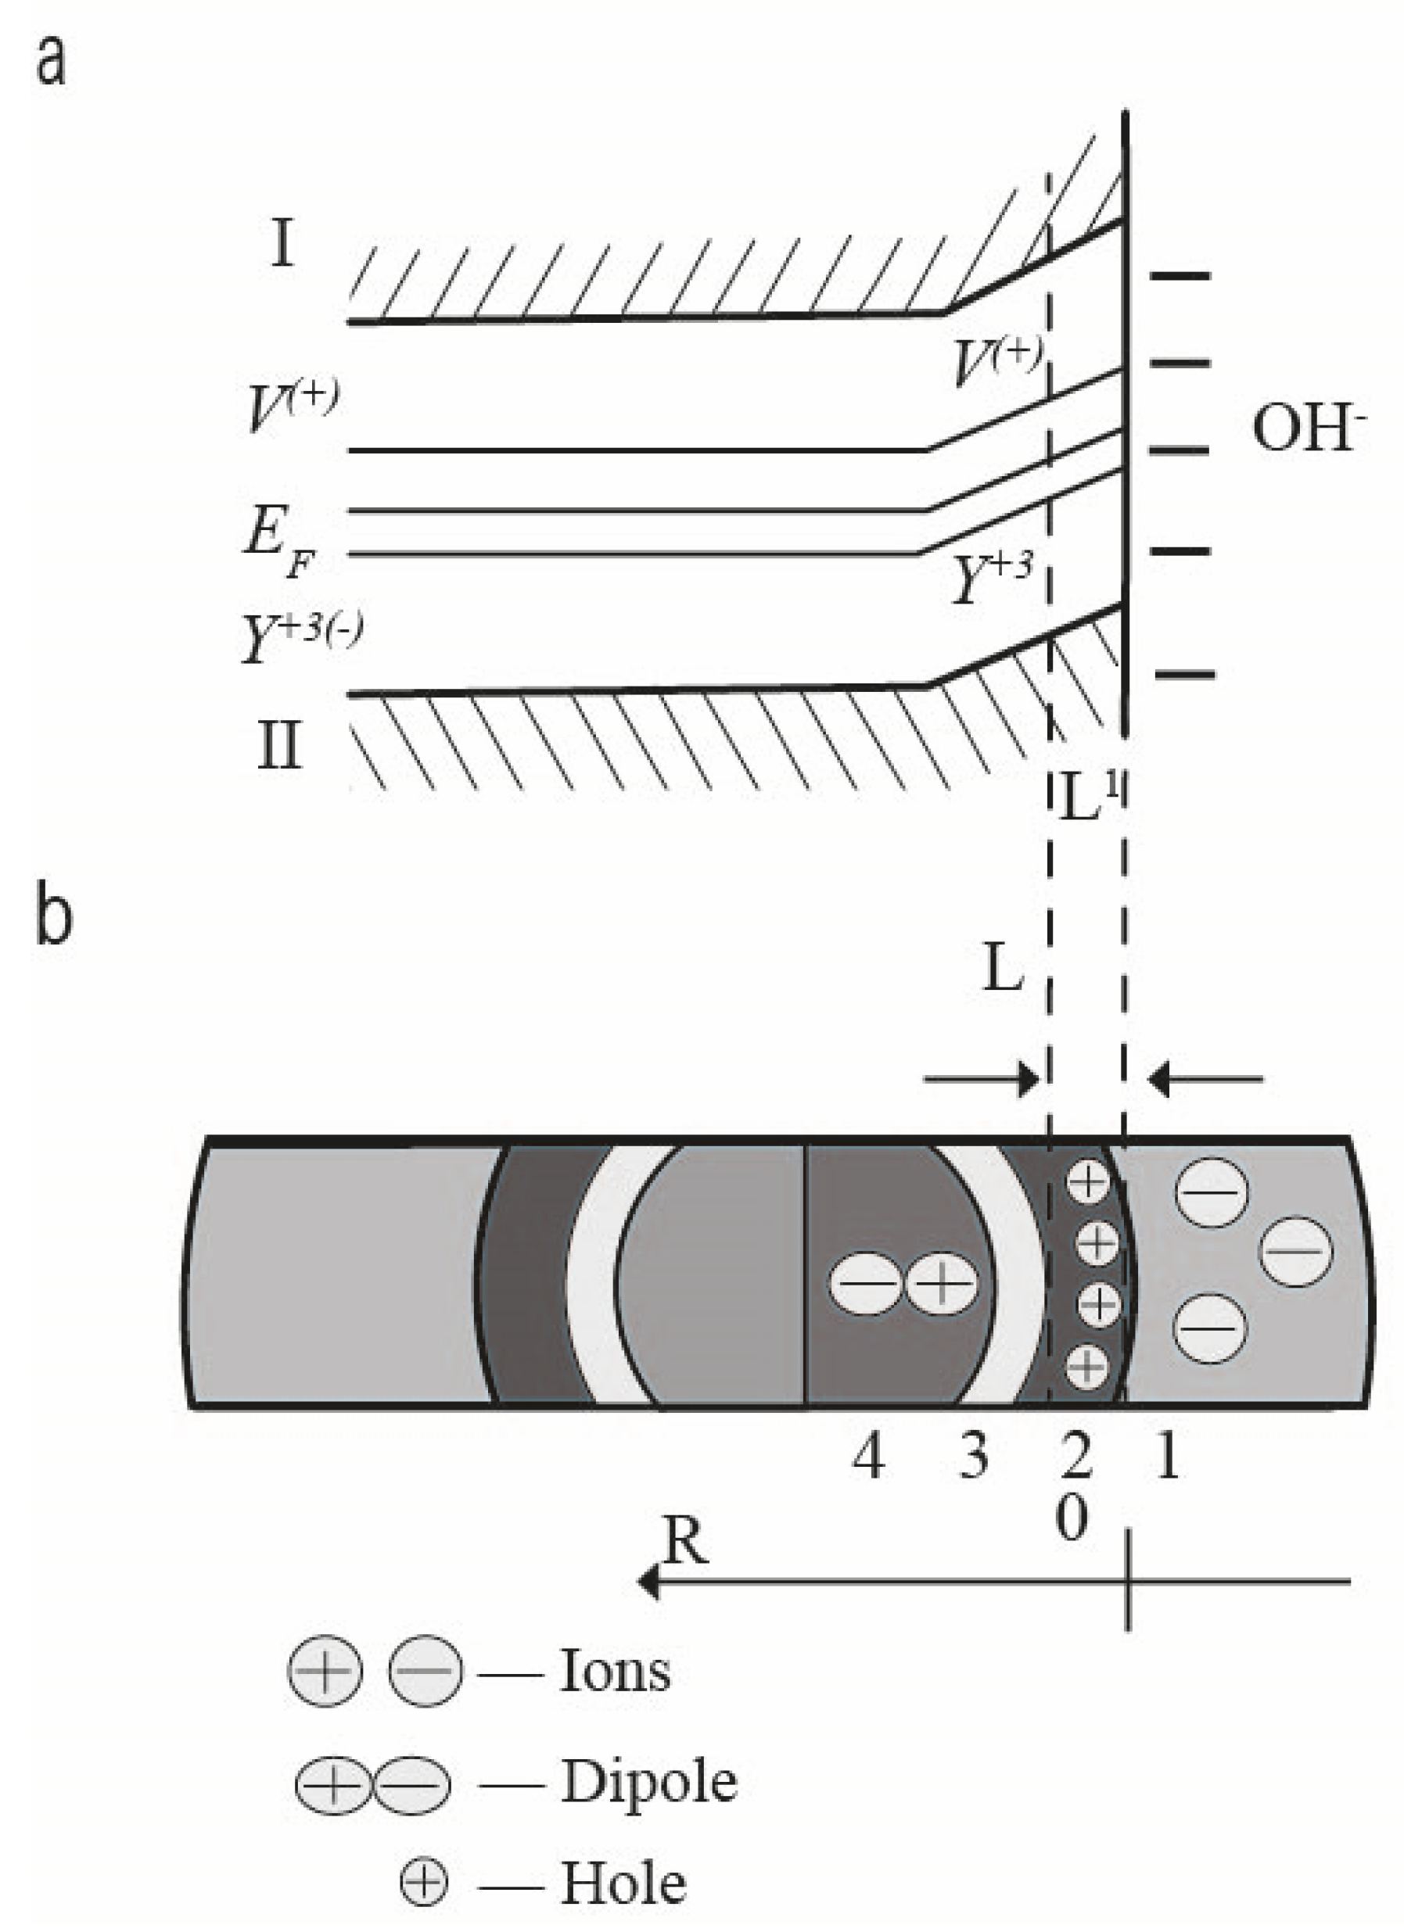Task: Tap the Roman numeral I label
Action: pyautogui.click(x=283, y=244)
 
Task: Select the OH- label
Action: pyautogui.click(x=1308, y=428)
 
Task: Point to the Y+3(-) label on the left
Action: pyautogui.click(x=300, y=637)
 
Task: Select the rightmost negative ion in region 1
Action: pyautogui.click(x=1296, y=1251)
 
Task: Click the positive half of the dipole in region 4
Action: pyautogui.click(x=940, y=1284)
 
